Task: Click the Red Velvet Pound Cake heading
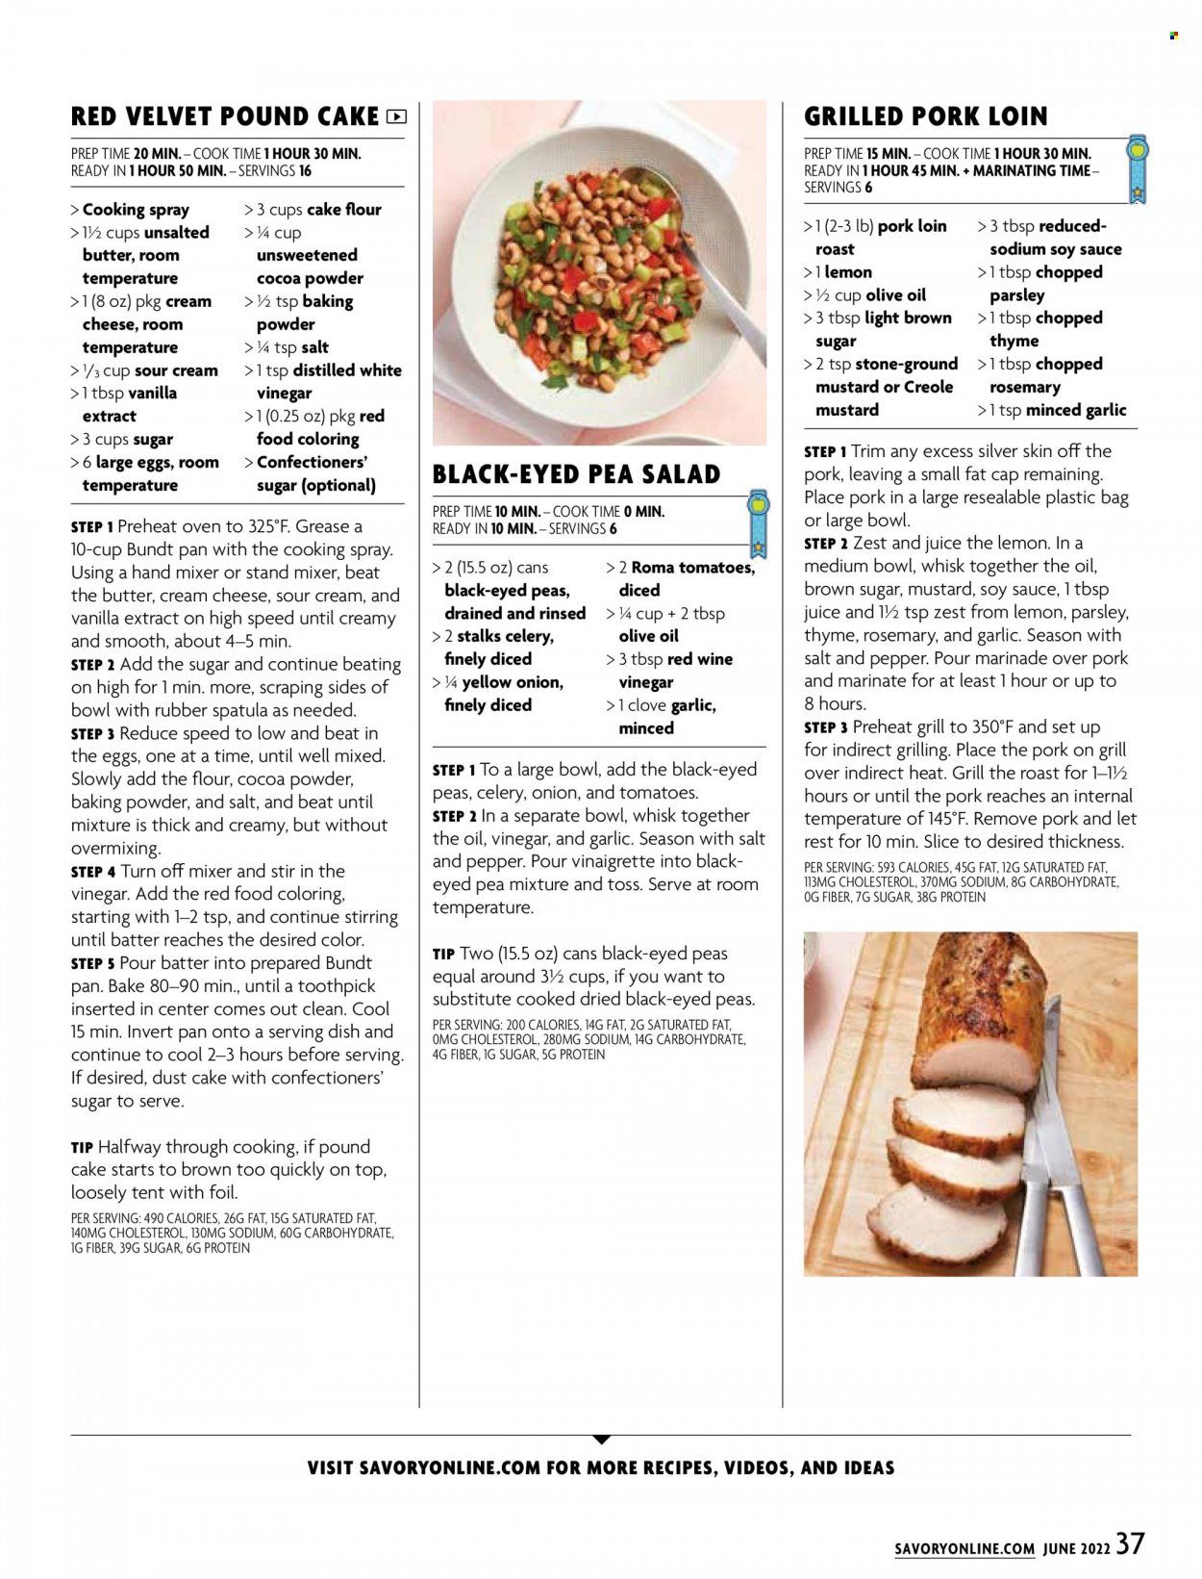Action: [225, 116]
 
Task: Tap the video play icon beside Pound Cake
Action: [396, 117]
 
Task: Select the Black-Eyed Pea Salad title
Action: [576, 474]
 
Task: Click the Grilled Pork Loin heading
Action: [925, 116]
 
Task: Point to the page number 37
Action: [1131, 1544]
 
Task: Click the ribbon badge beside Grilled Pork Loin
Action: [1139, 169]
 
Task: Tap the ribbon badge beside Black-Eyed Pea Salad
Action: [758, 523]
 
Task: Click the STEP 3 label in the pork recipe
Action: [826, 727]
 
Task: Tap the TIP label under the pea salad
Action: [443, 954]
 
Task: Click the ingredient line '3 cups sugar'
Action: [122, 439]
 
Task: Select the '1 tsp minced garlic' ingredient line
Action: [1052, 410]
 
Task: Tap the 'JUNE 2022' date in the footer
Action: [1076, 1549]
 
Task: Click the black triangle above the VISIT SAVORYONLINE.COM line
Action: [601, 1439]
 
